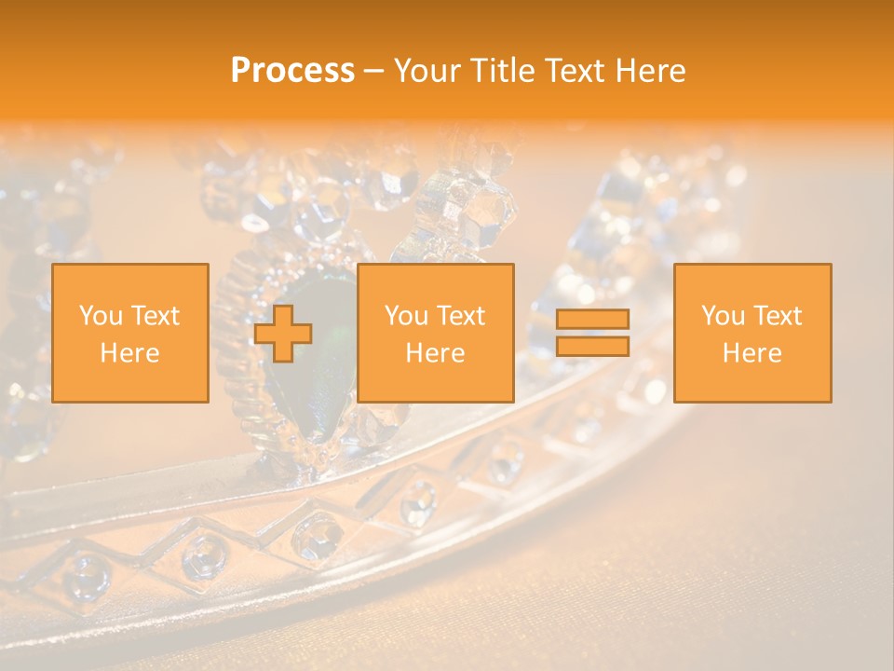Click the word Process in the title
coord(292,71)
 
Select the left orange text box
coord(130,333)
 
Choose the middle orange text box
coord(436,333)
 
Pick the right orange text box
coord(752,333)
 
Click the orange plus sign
coord(283,334)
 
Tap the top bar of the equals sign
coord(592,320)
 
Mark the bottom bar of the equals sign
coord(592,347)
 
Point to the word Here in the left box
coord(130,353)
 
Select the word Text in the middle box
coord(462,316)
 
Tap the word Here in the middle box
coord(436,353)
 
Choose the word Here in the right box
coord(752,353)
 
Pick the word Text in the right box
coord(779,316)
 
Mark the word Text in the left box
coord(156,316)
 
